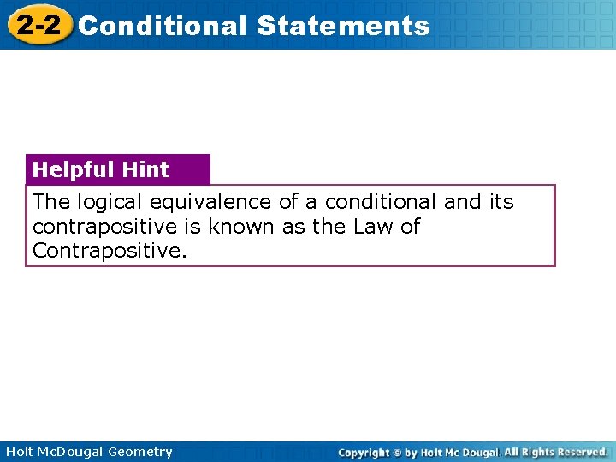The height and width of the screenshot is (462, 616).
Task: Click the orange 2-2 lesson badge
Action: pos(37,26)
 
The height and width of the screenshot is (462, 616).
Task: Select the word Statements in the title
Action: pos(342,26)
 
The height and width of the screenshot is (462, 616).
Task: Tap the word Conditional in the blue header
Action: pos(162,26)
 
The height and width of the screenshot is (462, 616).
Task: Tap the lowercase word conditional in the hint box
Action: pos(381,202)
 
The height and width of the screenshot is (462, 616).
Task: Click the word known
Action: pos(237,227)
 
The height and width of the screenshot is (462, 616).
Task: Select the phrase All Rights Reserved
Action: pos(555,452)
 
